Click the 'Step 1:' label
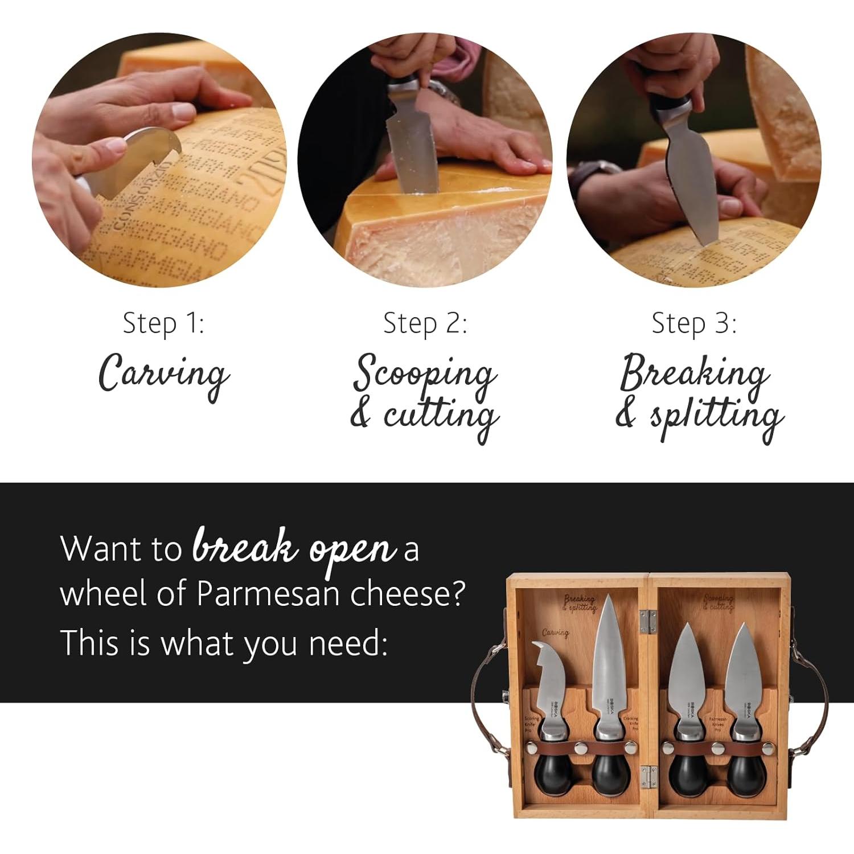pos(163,324)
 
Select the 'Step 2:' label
pos(425,324)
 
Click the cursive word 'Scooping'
pos(425,373)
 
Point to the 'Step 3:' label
pos(693,324)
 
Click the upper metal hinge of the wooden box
pos(645,622)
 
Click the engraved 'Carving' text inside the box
pos(555,633)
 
